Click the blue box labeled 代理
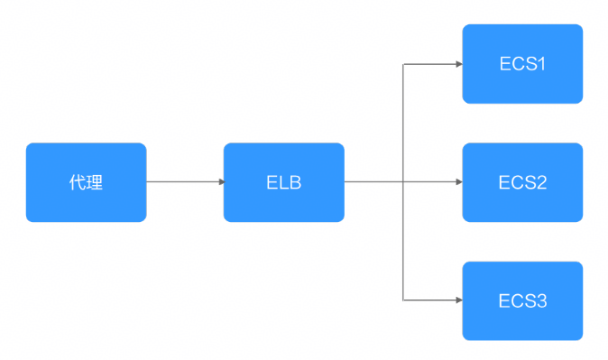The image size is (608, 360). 86,182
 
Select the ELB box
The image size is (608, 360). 284,182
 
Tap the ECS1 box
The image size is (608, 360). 522,64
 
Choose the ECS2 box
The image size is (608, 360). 522,182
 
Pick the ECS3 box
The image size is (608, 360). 522,300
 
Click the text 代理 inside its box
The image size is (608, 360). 86,182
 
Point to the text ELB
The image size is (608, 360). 284,183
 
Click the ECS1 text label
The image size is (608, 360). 522,64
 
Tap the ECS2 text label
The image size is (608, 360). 522,183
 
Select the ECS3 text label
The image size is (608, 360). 522,301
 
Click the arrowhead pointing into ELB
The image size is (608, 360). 221,181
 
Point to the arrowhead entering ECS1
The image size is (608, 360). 459,64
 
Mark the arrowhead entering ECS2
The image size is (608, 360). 459,181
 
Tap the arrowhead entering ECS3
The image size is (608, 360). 459,300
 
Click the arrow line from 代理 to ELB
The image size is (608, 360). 185,181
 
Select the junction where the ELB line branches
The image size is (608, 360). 403,181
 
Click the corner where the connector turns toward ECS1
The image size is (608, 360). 403,64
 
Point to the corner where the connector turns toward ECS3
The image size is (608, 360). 403,300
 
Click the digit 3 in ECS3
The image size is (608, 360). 541,301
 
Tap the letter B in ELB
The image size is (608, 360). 295,183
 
